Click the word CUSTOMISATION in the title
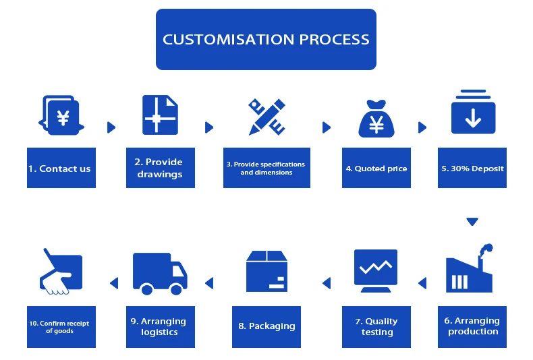tap(229, 39)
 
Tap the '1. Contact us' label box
tap(61, 168)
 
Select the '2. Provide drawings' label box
tap(161, 168)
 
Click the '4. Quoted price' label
tap(376, 168)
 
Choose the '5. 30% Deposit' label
tap(472, 168)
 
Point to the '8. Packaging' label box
tap(266, 327)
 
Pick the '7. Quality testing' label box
tap(376, 327)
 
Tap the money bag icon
tap(376, 119)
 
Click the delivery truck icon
tap(160, 274)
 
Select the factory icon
tap(469, 268)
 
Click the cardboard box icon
tap(267, 272)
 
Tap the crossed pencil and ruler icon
tap(267, 117)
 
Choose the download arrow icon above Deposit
tap(473, 112)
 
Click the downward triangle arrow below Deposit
tap(472, 221)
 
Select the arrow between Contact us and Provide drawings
tap(111, 127)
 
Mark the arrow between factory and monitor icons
tap(422, 283)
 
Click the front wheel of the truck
tap(176, 289)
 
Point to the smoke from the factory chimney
tap(486, 249)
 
